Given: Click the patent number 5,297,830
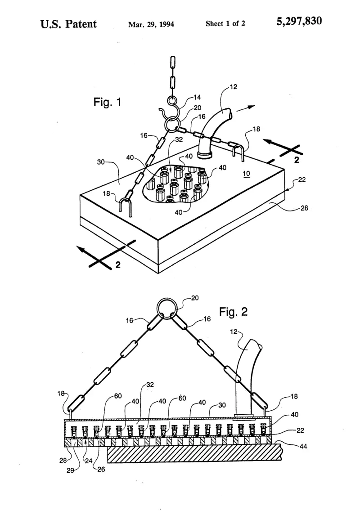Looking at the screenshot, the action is coord(299,22).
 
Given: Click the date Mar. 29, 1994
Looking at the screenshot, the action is coord(151,24).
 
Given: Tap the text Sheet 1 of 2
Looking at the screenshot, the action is coord(225,23).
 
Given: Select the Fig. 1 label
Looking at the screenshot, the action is coord(107,102).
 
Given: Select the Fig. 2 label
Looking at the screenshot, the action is coord(234,311).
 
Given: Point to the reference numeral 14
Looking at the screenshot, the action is coord(197,98).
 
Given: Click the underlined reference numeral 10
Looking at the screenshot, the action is coord(247,174).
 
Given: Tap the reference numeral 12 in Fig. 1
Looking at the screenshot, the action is coord(234,87).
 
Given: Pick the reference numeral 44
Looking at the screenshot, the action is coord(303,446).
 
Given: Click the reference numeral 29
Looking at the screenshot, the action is coord(70,471).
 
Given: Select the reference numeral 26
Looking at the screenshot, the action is coord(101,469).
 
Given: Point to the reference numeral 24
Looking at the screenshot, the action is coord(88,461).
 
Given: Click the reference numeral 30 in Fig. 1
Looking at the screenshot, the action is coord(101,162).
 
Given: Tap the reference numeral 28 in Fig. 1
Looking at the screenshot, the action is coord(304,208).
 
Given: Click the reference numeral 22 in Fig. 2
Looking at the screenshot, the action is coord(300,430).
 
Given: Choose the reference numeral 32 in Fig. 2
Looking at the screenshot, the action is coord(150,385).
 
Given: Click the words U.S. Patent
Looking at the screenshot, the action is coord(68,24).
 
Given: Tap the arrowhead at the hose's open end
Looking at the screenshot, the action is coord(251,107).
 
